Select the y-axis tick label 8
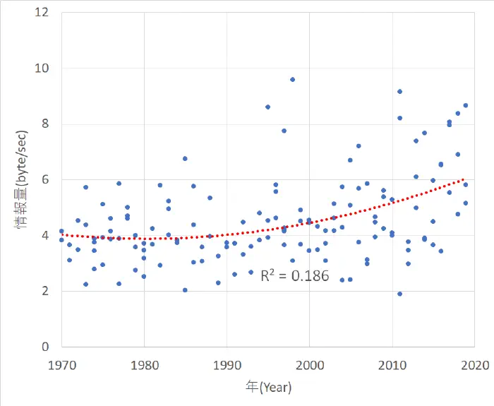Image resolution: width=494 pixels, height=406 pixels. pos(47,124)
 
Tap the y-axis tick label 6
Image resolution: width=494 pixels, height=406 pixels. pos(47,180)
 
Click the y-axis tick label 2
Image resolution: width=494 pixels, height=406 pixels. pos(47,291)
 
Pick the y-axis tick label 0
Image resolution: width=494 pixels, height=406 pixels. pos(47,347)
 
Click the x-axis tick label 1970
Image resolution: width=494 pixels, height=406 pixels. pos(62,364)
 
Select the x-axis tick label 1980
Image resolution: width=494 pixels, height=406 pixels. pos(144,364)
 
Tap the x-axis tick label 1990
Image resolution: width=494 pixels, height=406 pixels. pos(227,364)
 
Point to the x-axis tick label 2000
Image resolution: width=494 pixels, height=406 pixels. pos(309,364)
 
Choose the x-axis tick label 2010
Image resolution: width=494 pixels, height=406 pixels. pos(392,364)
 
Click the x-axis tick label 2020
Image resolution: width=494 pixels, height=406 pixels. pos(474,364)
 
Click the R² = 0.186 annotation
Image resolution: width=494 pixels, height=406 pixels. pos(295,276)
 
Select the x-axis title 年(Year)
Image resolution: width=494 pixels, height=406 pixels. pos(268,387)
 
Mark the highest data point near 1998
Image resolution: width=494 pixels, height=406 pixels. pos(292,79)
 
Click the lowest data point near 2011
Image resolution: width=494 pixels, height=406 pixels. pos(399,294)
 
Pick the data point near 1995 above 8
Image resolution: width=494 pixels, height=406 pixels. pos(267,107)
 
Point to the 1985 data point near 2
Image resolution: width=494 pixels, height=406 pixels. pos(185,290)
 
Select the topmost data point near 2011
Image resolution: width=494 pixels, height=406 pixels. pos(399,91)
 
